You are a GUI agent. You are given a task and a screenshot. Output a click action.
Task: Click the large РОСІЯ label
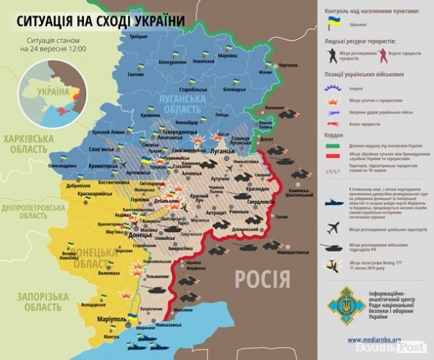262,278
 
